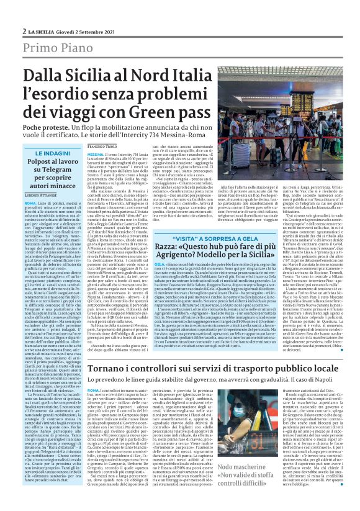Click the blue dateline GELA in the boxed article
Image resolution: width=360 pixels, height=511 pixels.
(x=147, y=263)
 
